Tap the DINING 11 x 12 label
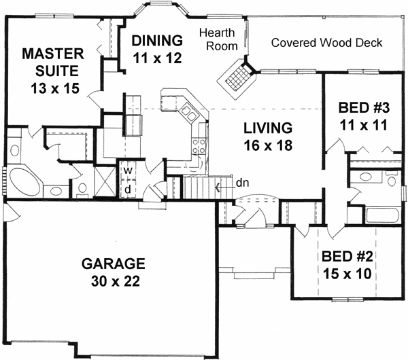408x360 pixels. click(x=157, y=49)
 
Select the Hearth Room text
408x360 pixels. click(x=218, y=39)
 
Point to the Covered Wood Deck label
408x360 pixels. click(x=326, y=43)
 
